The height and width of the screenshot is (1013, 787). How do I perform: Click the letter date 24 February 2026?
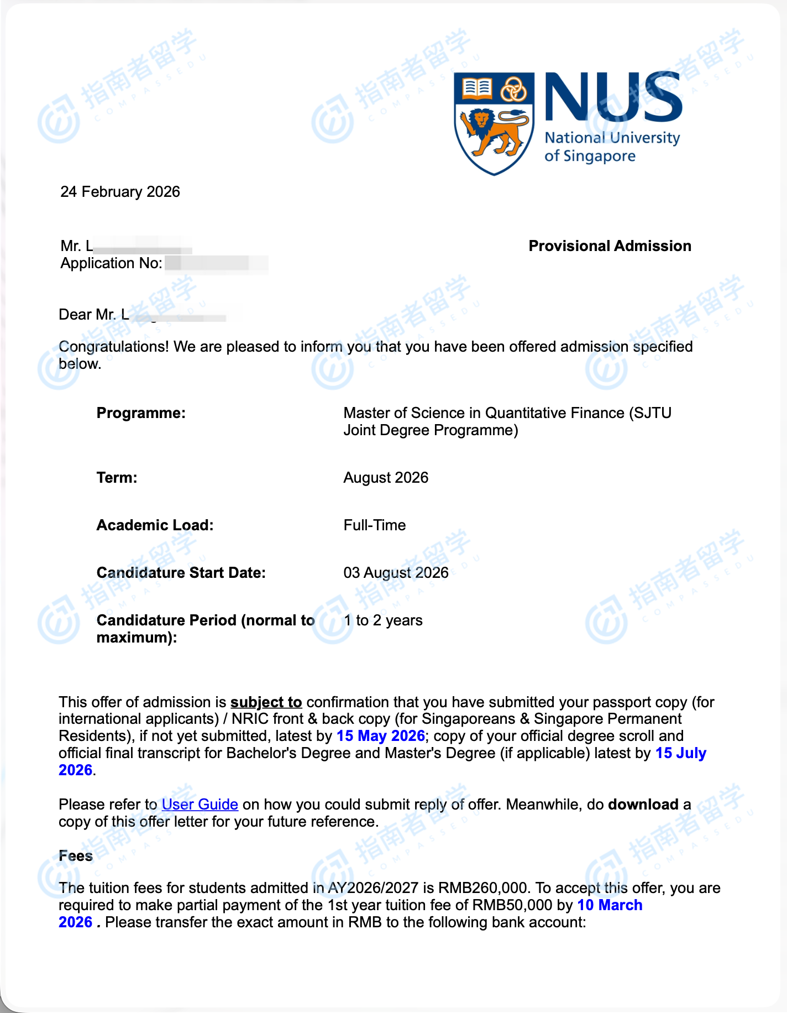pos(120,191)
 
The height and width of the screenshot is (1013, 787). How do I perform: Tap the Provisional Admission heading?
pos(610,246)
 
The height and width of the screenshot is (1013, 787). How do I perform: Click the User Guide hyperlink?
pos(200,804)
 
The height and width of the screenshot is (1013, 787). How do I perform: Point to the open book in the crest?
pos(476,87)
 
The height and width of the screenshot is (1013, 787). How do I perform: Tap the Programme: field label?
pos(141,413)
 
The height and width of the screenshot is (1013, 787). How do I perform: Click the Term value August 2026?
pos(386,477)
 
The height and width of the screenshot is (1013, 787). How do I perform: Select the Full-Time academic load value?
pos(375,525)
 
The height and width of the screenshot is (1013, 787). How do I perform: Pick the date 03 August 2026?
pos(396,572)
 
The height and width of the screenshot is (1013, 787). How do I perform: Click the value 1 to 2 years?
pos(383,620)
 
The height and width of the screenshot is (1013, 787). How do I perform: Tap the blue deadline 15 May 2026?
pos(380,735)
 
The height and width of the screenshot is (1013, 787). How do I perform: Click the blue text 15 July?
pos(680,753)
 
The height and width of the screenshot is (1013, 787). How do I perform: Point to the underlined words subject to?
pos(266,702)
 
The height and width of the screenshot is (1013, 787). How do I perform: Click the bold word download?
pos(643,804)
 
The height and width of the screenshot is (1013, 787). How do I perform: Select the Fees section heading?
pos(76,855)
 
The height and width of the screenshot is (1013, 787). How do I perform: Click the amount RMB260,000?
pos(482,887)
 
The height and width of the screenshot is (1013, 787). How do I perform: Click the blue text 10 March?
pos(610,905)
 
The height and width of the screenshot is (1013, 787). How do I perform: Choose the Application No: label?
pos(111,263)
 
